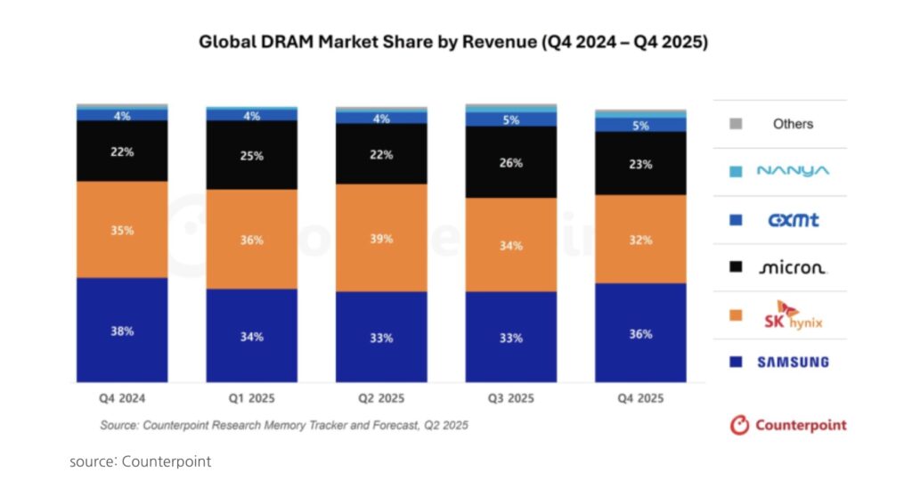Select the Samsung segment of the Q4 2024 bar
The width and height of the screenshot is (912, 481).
(x=122, y=330)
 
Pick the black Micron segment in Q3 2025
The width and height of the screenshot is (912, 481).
(x=510, y=163)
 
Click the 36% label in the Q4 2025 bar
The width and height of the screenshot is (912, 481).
(x=640, y=334)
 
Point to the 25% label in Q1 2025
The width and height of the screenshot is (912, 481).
(x=252, y=156)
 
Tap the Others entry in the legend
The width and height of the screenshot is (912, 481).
(x=793, y=124)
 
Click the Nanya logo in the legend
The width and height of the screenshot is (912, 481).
(x=793, y=171)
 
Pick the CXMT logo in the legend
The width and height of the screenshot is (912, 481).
(x=793, y=219)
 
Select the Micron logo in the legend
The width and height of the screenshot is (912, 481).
(x=793, y=267)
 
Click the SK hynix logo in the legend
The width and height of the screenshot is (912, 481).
(x=793, y=314)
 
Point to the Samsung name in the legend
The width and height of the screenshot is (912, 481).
(x=793, y=362)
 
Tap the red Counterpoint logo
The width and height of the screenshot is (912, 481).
(x=788, y=425)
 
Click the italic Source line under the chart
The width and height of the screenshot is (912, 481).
(x=283, y=426)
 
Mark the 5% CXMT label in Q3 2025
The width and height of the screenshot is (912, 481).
(x=511, y=119)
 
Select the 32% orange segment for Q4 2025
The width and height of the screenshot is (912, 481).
(x=640, y=240)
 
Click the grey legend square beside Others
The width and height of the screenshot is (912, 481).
(x=736, y=124)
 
